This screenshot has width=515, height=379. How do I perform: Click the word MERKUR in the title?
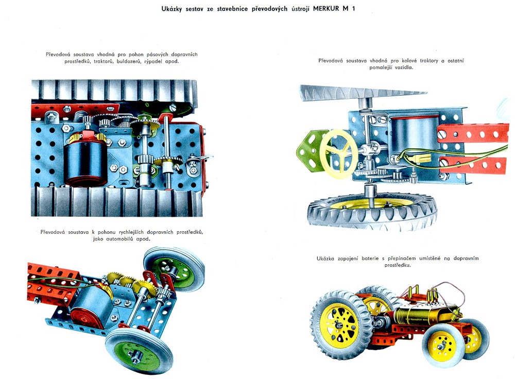point(326,9)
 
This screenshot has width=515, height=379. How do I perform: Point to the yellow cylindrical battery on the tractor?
point(422,315)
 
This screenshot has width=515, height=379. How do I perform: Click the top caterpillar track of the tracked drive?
point(114,91)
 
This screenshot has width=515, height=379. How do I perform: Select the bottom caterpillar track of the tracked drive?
point(116,201)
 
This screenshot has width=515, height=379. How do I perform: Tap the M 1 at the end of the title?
point(349,9)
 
